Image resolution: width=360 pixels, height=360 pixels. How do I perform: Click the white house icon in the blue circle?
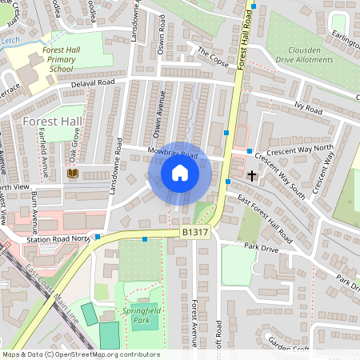click(180, 173)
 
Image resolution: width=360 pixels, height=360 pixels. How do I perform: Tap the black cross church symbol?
click(253, 174)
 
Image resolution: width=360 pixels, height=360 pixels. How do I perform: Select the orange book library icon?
click(73, 173)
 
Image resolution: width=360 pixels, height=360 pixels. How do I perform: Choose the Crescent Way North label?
click(301, 148)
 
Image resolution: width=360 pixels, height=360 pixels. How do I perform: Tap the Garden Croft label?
click(289, 342)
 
